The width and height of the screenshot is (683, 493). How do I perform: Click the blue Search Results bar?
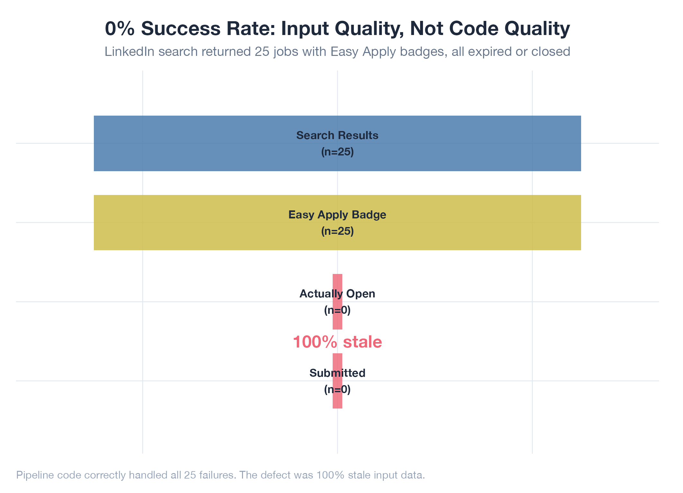(193, 143)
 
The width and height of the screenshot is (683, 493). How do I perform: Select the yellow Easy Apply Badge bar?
(193, 223)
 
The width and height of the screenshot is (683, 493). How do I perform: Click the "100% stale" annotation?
(337, 342)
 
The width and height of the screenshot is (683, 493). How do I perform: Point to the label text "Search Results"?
(337, 136)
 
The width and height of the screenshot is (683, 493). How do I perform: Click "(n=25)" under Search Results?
(337, 152)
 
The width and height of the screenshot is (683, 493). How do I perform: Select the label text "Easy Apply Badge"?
(337, 215)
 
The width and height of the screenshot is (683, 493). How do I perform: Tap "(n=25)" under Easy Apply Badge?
(337, 231)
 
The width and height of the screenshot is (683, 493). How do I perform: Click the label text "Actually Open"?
(337, 294)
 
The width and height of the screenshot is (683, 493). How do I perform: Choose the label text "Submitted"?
(337, 373)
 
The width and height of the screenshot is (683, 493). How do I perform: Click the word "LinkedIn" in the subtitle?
(129, 52)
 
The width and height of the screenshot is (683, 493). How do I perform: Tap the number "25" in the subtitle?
(262, 52)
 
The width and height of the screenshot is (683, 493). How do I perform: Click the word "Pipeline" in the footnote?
(35, 475)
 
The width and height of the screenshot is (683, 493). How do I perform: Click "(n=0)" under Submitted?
(337, 390)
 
